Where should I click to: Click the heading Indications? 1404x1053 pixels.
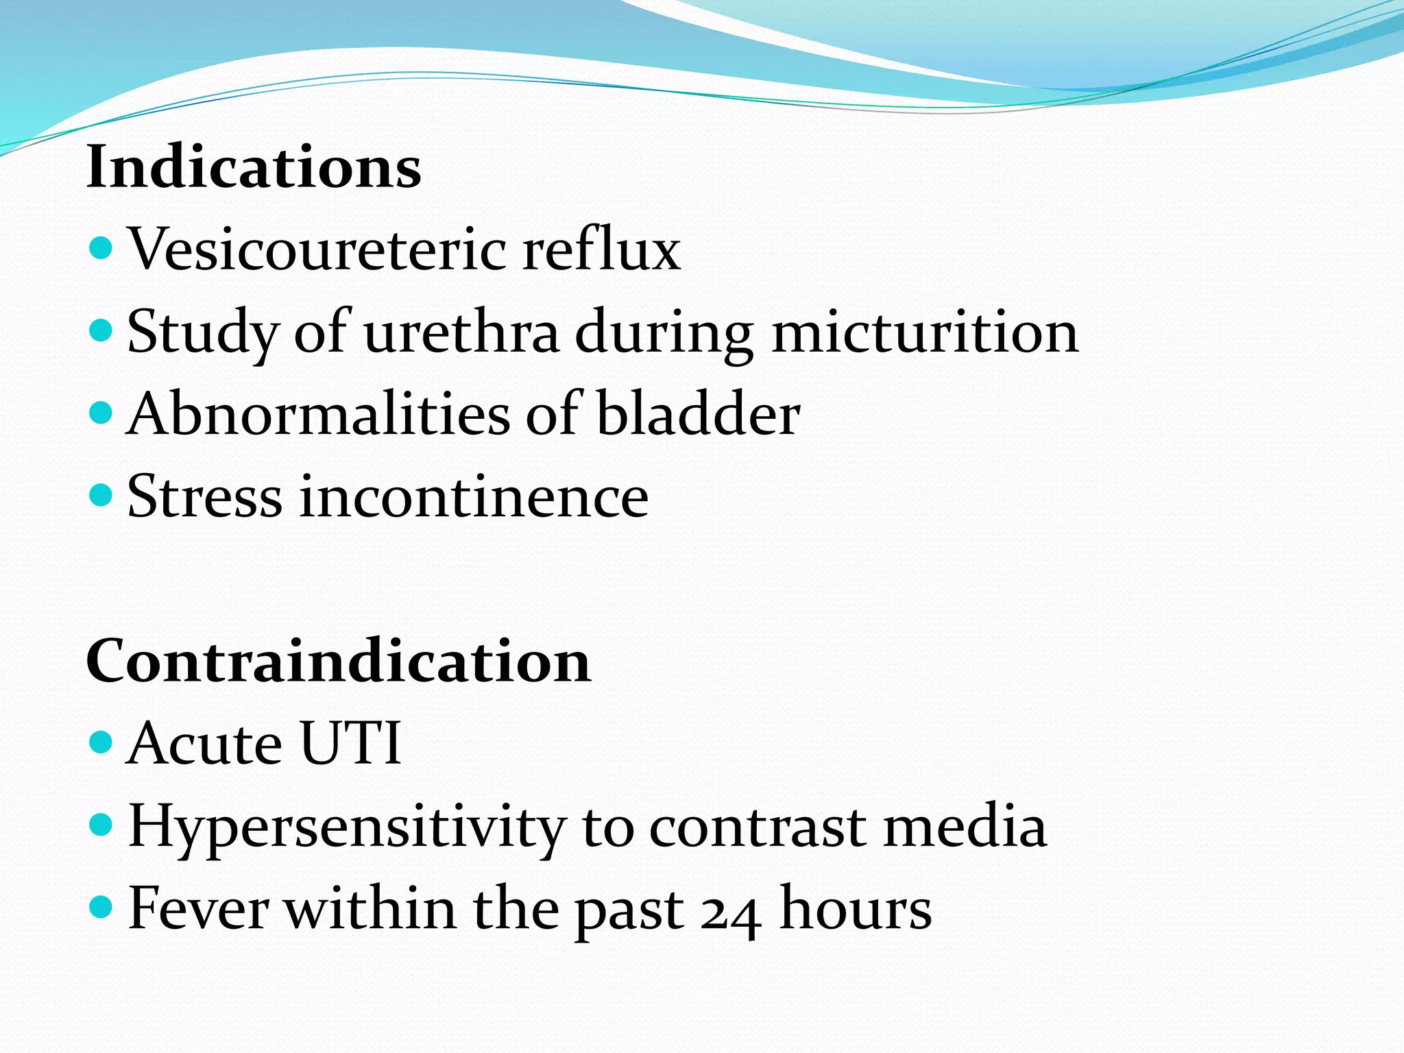254,167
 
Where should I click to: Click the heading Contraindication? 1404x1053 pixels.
338,662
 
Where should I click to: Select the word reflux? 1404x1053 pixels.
601,249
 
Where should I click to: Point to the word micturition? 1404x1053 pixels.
925,332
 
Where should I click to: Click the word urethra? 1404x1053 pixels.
461,332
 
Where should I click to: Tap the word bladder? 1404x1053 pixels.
698,415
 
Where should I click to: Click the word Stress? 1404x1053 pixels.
204,497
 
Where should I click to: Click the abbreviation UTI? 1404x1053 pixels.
350,744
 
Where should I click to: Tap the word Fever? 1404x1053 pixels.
198,909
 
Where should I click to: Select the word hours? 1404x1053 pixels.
856,909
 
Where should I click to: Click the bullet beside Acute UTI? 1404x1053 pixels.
101,742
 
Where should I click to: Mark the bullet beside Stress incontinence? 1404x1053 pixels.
101,495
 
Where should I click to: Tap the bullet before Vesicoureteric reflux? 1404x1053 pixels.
101,247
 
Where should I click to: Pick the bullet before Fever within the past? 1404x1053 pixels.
101,907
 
